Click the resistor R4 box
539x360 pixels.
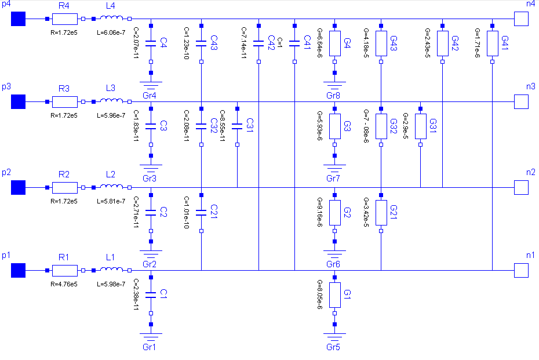(64, 19)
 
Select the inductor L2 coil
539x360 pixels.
(112, 187)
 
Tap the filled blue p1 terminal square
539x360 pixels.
(19, 271)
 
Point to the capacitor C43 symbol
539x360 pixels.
(201, 43)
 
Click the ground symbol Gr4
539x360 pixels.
(151, 84)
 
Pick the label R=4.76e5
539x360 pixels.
(64, 284)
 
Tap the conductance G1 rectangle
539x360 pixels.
(334, 295)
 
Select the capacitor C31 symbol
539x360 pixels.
(237, 126)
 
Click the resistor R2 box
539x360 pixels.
(64, 188)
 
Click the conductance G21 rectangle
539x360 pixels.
(381, 213)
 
